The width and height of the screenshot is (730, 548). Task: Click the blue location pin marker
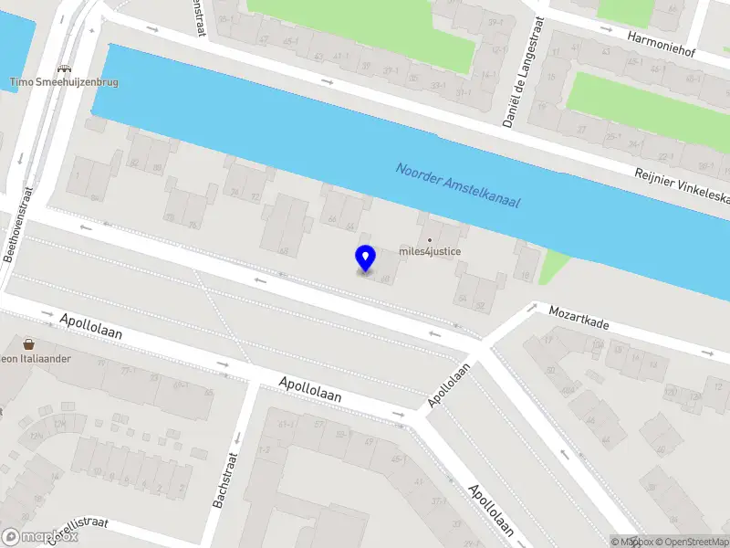[365, 258]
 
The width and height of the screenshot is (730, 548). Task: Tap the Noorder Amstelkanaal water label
[457, 185]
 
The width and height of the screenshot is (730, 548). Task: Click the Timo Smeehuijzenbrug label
[64, 82]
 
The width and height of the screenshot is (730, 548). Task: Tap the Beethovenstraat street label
[19, 225]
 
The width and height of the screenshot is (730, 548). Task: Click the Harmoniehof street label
[662, 45]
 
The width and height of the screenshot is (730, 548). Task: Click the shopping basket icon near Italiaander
[29, 344]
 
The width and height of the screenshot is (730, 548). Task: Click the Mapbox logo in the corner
[40, 537]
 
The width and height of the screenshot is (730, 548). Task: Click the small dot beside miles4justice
[431, 240]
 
